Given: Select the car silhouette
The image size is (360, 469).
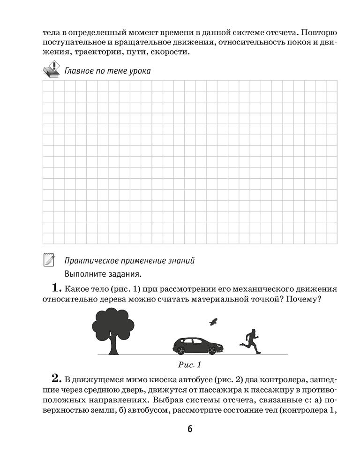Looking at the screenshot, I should tap(198, 346).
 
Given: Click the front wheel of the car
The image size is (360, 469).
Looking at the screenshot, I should tap(212, 351).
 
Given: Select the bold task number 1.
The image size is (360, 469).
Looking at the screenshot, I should tap(57, 287).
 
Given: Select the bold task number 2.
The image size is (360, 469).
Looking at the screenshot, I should tap(57, 378).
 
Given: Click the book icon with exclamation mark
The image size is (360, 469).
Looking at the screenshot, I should tap(51, 69).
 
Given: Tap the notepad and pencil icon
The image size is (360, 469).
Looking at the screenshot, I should tap(49, 259).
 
